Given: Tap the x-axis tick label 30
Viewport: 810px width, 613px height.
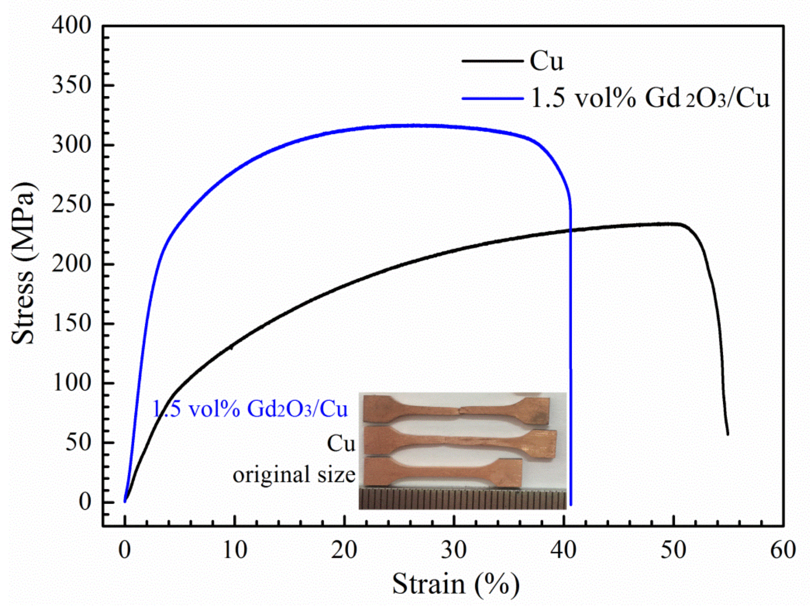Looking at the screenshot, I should pyautogui.click(x=454, y=550).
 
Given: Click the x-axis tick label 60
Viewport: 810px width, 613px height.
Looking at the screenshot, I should pyautogui.click(x=783, y=550).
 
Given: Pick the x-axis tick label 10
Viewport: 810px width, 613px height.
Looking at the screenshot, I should pyautogui.click(x=235, y=550).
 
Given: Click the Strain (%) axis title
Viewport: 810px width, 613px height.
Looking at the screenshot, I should pyautogui.click(x=455, y=584).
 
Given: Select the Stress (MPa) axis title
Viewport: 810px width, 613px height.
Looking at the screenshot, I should pyautogui.click(x=23, y=263).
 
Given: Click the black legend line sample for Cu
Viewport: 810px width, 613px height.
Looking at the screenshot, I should pyautogui.click(x=493, y=61).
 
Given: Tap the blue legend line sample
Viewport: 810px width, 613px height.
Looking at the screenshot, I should pyautogui.click(x=493, y=98).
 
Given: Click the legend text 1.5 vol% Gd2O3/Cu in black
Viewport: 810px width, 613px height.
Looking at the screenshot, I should pyautogui.click(x=650, y=98).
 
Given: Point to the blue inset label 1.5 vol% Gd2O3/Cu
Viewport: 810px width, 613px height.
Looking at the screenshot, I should pyautogui.click(x=249, y=409).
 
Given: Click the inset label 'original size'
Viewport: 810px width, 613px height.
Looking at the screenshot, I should pyautogui.click(x=294, y=475).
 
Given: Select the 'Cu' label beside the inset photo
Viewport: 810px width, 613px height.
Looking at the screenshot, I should pyautogui.click(x=341, y=444).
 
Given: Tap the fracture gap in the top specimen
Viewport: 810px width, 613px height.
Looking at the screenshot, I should pyautogui.click(x=458, y=411).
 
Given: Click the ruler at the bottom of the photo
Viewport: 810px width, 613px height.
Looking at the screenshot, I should pyautogui.click(x=462, y=499).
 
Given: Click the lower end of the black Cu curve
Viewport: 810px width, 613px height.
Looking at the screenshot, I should pyautogui.click(x=728, y=434).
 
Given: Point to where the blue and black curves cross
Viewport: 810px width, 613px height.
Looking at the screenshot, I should pyautogui.click(x=570, y=230).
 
